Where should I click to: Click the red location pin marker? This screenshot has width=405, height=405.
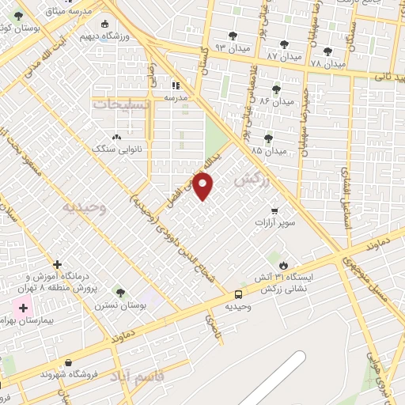click(203, 187)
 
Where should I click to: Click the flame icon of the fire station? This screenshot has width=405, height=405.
click(283, 265)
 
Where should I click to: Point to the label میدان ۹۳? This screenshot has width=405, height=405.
click(232, 47)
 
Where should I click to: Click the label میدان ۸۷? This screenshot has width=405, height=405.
click(283, 56)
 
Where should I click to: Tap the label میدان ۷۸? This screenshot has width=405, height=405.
click(327, 63)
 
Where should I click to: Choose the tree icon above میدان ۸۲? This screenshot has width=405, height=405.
click(276, 89)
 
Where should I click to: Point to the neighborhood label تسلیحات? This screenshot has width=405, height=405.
click(119, 104)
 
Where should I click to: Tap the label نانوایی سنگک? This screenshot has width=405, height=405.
click(115, 148)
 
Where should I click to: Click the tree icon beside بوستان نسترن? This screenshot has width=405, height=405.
click(120, 293)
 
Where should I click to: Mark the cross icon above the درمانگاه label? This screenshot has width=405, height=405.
click(57, 264)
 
